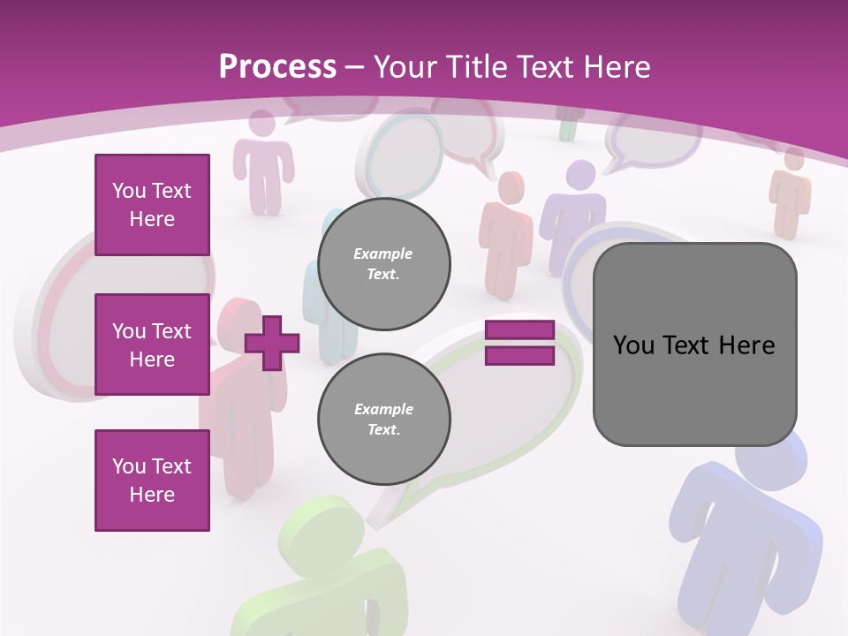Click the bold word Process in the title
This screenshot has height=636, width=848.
[x=277, y=66]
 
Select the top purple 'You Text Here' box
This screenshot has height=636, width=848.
[x=152, y=205]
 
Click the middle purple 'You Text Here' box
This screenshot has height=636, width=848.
[x=152, y=344]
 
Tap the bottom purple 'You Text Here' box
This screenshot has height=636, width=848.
[x=152, y=481]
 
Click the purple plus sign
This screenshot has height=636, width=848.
[x=272, y=343]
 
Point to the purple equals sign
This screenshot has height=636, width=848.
[x=519, y=343]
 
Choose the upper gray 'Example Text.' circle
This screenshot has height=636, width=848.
[x=384, y=264]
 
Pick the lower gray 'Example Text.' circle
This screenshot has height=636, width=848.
[x=384, y=420]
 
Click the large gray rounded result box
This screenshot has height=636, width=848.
[x=694, y=344]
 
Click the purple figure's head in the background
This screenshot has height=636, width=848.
[x=580, y=174]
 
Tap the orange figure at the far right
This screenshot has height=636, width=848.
[x=791, y=190]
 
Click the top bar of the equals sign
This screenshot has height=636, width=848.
[x=519, y=330]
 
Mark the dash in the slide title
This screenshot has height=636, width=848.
[x=355, y=67]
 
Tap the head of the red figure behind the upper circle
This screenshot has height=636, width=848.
[x=510, y=187]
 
